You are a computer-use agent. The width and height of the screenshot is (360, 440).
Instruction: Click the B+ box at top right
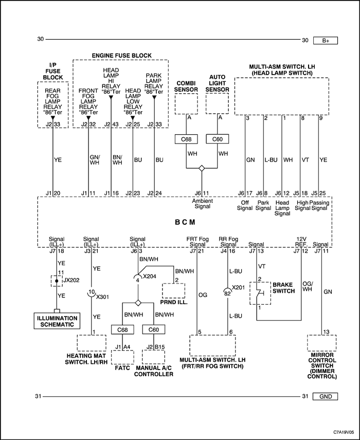pos(325,41)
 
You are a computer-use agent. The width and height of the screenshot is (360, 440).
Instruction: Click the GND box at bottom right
pos(325,396)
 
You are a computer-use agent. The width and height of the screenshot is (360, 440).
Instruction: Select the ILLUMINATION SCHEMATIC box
pos(57,321)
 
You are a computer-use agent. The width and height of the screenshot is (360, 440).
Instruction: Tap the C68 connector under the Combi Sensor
pos(186,139)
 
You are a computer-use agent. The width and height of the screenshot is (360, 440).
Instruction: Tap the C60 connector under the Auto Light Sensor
pos(218,139)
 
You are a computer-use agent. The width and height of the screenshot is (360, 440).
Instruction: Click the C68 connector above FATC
pos(122,329)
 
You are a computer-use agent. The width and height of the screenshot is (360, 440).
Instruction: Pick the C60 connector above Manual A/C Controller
pos(154,329)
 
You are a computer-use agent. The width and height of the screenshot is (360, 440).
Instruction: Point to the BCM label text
pos(185,222)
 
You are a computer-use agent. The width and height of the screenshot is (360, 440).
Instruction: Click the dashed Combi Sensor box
pos(186,104)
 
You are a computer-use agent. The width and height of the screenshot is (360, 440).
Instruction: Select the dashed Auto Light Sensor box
pos(218,104)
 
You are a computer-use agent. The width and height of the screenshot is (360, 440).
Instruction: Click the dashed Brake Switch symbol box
pos(260,293)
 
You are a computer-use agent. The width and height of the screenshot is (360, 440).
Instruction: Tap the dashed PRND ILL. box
pos(173,291)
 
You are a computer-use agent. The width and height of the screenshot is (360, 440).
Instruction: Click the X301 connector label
pos(102,297)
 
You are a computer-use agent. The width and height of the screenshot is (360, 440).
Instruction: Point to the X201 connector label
pos(238,288)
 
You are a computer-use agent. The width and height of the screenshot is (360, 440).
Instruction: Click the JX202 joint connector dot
pos(57,281)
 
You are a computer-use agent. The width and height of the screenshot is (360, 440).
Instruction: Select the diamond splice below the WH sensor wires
pos(202,168)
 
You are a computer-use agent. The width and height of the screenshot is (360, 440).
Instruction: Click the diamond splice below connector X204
pos(138,303)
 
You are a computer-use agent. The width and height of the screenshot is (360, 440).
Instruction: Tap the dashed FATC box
pos(122,357)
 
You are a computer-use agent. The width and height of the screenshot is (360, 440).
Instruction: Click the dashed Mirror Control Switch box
pos(321,343)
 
